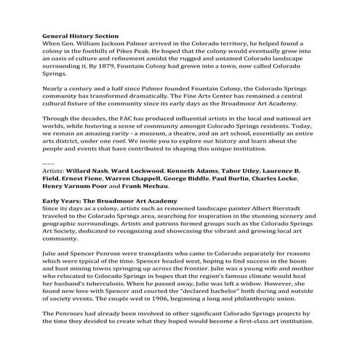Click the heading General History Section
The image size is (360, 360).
80,35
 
